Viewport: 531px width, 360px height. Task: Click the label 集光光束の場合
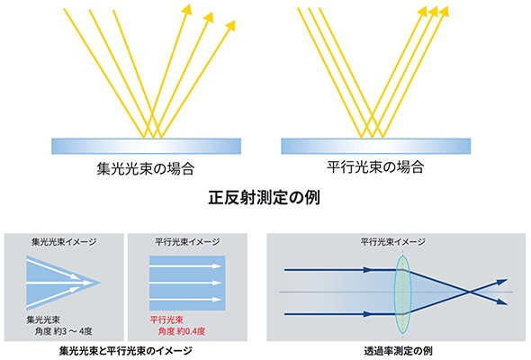pos(145,168)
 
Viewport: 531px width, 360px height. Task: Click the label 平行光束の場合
pos(375,167)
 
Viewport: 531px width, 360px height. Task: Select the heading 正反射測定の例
pos(264,198)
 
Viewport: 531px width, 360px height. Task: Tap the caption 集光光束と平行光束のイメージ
pos(126,351)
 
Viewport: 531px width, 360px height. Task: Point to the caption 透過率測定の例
pos(398,351)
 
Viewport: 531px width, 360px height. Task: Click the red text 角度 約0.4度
pos(182,331)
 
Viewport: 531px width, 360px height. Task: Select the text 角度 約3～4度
pos(63,331)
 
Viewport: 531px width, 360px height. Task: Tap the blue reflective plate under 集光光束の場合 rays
pos(147,147)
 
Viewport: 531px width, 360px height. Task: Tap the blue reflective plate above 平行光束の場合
pos(376,147)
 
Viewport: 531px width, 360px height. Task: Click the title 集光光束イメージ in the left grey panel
pos(64,242)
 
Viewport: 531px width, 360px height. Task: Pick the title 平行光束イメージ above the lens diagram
pos(392,242)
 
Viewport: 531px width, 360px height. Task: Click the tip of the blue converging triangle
pos(100,283)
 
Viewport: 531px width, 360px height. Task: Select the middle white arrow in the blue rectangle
pos(185,283)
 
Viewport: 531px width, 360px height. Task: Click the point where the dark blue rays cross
pos(469,292)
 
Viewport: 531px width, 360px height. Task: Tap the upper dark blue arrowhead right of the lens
pos(502,282)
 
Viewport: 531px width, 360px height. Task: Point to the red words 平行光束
pos(166,320)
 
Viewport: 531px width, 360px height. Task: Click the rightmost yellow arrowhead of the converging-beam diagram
pos(231,25)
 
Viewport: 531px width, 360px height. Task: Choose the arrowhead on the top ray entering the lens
pos(367,270)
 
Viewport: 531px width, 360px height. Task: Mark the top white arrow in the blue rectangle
pos(185,266)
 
